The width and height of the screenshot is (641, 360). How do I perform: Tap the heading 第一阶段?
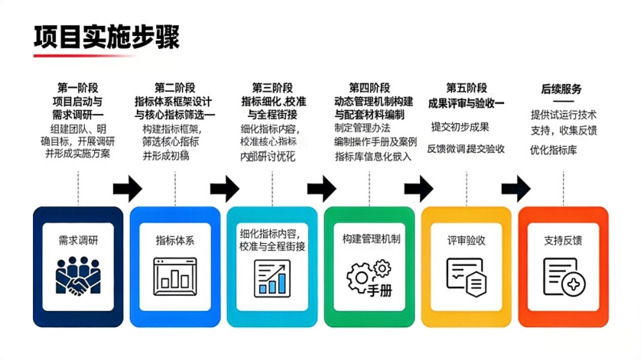pyautogui.click(x=78, y=87)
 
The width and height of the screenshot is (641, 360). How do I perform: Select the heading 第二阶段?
pyautogui.click(x=175, y=87)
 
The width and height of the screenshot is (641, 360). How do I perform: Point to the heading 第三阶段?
pyautogui.click(x=272, y=87)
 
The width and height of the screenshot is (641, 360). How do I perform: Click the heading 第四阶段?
pyautogui.click(x=369, y=87)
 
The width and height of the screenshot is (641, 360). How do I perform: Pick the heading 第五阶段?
pyautogui.click(x=467, y=87)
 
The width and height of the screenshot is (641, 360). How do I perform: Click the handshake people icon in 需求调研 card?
pyautogui.click(x=78, y=277)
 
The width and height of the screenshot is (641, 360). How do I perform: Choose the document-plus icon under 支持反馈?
pyautogui.click(x=564, y=275)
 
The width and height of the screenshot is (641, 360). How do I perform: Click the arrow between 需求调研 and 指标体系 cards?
pyautogui.click(x=127, y=187)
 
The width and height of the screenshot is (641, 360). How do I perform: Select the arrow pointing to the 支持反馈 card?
pyautogui.click(x=516, y=187)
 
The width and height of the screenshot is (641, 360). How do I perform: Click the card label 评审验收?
pyautogui.click(x=467, y=240)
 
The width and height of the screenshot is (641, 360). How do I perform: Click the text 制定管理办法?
pyautogui.click(x=363, y=128)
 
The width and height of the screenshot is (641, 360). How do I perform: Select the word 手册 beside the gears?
pyautogui.click(x=379, y=290)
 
